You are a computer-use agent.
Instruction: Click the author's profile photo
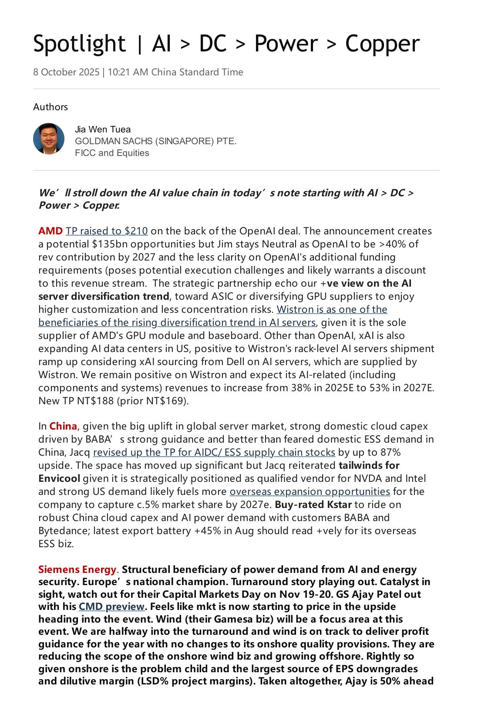(49, 139)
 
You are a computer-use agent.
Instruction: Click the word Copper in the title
(382, 44)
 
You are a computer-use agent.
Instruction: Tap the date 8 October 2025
(66, 72)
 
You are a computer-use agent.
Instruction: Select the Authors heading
(51, 107)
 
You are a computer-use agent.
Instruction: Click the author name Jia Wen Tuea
(103, 129)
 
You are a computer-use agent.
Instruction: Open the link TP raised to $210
(107, 231)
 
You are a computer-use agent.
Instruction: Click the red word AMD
(51, 231)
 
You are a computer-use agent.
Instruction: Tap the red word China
(63, 426)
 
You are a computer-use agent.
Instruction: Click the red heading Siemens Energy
(77, 569)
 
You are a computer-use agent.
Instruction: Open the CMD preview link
(111, 606)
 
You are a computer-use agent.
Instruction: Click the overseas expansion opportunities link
(310, 491)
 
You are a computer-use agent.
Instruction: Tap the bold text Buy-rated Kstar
(313, 504)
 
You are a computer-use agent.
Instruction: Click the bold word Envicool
(59, 478)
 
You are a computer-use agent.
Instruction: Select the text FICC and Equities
(112, 153)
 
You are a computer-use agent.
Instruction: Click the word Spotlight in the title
(79, 44)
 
